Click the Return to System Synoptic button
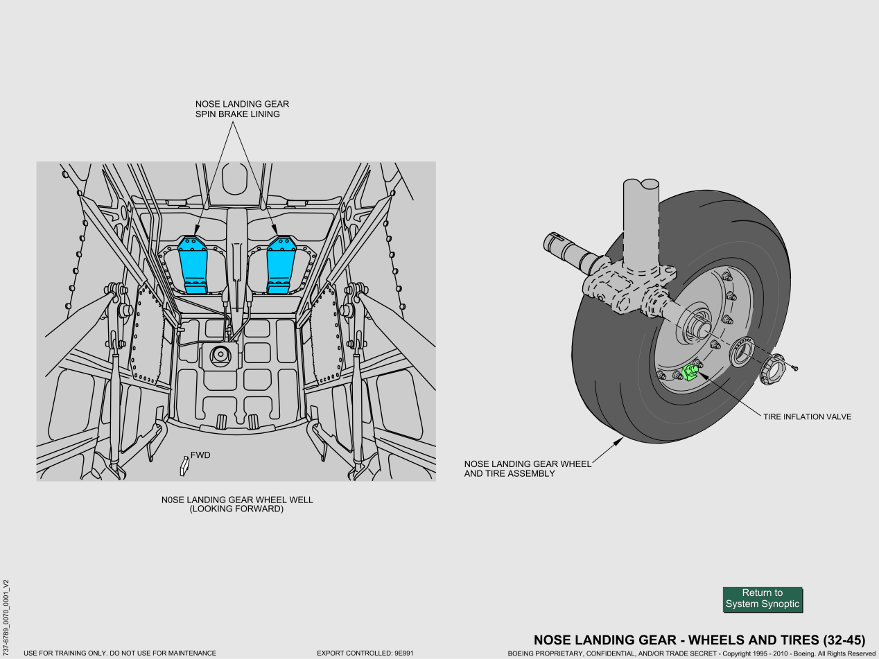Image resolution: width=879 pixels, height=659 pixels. [x=763, y=599]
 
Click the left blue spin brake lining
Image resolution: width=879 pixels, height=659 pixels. [x=193, y=265]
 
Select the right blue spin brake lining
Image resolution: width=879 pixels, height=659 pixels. [x=281, y=265]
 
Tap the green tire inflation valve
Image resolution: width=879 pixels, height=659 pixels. [x=690, y=372]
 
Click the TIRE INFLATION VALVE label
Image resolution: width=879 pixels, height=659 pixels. [x=807, y=417]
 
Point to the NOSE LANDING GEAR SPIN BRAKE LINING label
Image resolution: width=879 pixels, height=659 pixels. [x=242, y=109]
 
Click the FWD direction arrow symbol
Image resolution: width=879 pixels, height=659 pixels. [x=184, y=466]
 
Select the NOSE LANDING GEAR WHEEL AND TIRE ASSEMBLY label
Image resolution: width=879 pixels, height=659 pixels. [x=528, y=468]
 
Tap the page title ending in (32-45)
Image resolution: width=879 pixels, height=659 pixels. [x=699, y=640]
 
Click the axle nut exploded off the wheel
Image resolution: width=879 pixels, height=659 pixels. [x=772, y=369]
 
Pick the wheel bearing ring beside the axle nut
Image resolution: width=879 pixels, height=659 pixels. [x=741, y=352]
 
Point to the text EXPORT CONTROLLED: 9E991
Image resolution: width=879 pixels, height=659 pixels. [x=365, y=653]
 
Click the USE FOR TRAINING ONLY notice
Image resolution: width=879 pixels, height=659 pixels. [x=120, y=653]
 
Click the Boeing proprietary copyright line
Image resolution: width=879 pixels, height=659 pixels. [x=692, y=653]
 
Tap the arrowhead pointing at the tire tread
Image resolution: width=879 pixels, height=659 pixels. [x=619, y=441]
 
